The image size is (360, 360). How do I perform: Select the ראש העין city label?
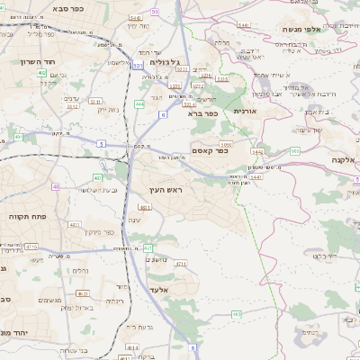click(x=166, y=191)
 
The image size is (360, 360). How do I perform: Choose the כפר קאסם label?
click(x=210, y=151)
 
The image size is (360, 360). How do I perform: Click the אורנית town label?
click(x=245, y=111)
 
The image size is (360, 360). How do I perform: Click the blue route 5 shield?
click(x=102, y=143)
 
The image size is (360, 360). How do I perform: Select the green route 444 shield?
click(x=139, y=104)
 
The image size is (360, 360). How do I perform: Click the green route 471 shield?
click(x=181, y=264)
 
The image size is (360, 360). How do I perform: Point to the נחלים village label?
click(x=79, y=270)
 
